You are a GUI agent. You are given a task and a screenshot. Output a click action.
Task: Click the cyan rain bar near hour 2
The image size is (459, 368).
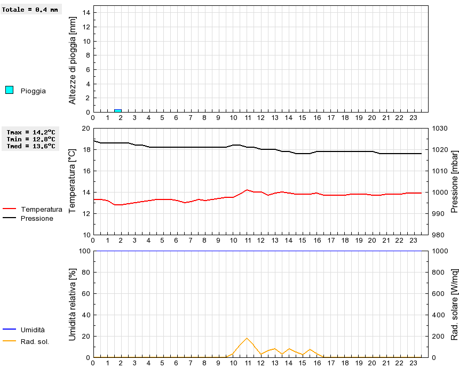coord(118,111)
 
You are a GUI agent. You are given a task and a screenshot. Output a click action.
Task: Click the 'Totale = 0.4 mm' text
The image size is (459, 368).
coord(30,10)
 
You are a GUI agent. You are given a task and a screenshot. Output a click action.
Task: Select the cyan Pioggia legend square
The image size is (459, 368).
coord(9,90)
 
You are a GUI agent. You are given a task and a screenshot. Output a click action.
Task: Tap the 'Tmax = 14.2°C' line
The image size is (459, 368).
coord(31,132)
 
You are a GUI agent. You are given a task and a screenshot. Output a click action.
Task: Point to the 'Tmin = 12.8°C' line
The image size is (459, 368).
coord(31,139)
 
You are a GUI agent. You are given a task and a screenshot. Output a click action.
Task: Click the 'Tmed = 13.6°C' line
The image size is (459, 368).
coord(31,146)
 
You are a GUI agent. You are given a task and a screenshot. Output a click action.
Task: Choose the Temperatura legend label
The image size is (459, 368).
coord(41,209)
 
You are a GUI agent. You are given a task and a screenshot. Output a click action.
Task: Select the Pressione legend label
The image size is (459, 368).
coord(37,218)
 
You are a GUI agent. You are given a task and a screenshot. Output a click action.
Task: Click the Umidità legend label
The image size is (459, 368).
coord(33,330)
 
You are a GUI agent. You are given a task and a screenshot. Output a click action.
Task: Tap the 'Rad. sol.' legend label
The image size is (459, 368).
coord(35,341)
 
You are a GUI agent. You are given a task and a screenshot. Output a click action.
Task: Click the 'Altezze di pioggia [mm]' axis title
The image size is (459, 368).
coord(73,60)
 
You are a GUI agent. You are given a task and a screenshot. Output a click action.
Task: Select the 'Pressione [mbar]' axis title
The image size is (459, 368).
coord(455,181)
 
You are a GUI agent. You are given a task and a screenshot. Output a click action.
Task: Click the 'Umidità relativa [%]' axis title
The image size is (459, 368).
coord(73,305)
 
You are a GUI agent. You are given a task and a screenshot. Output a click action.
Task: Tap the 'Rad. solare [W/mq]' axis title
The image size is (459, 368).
coord(455,305)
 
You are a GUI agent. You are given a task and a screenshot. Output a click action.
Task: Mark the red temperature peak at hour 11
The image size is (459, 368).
coord(247,190)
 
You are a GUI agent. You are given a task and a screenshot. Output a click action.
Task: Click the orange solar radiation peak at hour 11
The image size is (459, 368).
coord(247,338)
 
